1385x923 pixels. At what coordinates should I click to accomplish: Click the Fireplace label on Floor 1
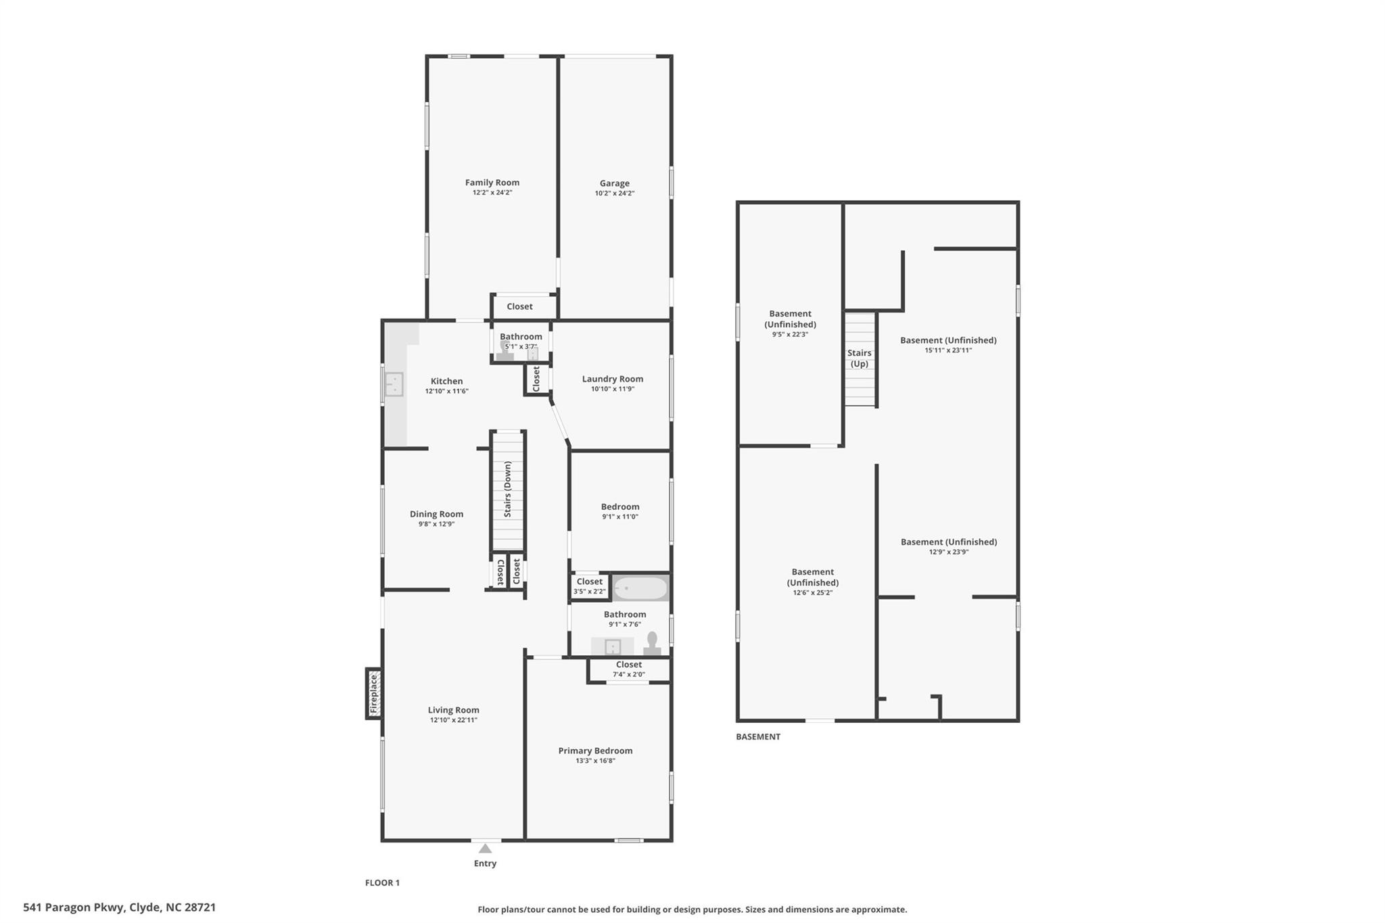pyautogui.click(x=373, y=694)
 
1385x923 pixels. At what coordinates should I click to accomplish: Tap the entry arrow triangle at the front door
pyautogui.click(x=485, y=848)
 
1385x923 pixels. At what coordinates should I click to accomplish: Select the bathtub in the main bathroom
pyautogui.click(x=639, y=588)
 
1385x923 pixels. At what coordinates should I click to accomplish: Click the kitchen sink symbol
pyautogui.click(x=394, y=384)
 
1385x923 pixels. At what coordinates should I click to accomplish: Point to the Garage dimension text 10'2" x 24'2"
pyautogui.click(x=614, y=193)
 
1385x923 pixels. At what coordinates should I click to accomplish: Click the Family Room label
pyautogui.click(x=492, y=183)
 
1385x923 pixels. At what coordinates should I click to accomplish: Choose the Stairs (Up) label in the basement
pyautogui.click(x=859, y=358)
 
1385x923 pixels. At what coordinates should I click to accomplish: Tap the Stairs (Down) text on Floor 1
pyautogui.click(x=508, y=489)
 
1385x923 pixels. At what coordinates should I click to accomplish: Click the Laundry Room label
pyautogui.click(x=612, y=379)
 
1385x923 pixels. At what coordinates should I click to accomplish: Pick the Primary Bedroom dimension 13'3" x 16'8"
pyautogui.click(x=595, y=761)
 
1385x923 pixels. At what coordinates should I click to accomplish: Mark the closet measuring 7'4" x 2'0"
pyautogui.click(x=628, y=669)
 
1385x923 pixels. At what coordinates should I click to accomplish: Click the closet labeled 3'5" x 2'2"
pyautogui.click(x=589, y=586)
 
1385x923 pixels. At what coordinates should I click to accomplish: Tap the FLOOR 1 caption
pyautogui.click(x=382, y=882)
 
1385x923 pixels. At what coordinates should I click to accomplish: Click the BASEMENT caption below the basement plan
pyautogui.click(x=757, y=736)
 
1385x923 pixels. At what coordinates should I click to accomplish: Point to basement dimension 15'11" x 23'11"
pyautogui.click(x=948, y=350)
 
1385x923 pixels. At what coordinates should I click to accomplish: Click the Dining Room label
pyautogui.click(x=436, y=514)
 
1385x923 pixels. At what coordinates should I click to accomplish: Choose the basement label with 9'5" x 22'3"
pyautogui.click(x=790, y=323)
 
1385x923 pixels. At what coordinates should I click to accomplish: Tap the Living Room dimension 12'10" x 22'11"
pyautogui.click(x=453, y=720)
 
